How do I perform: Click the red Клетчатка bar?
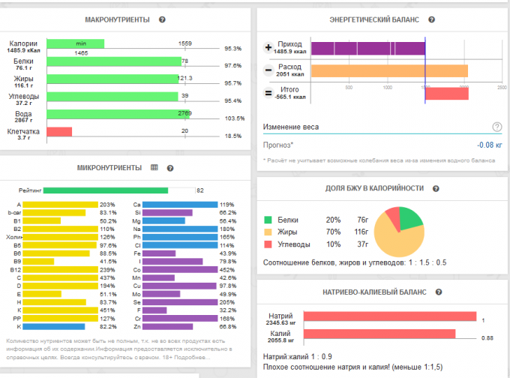pyautogui.click(x=59, y=132)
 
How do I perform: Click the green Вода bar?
pyautogui.click(x=118, y=115)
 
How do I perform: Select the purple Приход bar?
pyautogui.click(x=367, y=48)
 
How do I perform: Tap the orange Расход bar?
pyautogui.click(x=388, y=70)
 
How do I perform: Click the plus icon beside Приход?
pyautogui.click(x=269, y=48)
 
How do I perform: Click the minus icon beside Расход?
pyautogui.click(x=269, y=70)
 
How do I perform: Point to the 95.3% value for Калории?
pyautogui.click(x=232, y=49)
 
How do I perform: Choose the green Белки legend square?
pyautogui.click(x=268, y=220)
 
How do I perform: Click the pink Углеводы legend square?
pyautogui.click(x=268, y=244)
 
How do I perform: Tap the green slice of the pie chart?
pyautogui.click(x=409, y=218)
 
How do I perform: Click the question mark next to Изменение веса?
pyautogui.click(x=496, y=127)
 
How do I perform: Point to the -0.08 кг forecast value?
pyautogui.click(x=490, y=145)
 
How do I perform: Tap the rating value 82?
pyautogui.click(x=200, y=190)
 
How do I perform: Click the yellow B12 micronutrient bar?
pyautogui.click(x=60, y=269)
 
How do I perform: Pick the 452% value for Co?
pyautogui.click(x=227, y=269)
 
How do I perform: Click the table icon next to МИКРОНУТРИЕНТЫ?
pyautogui.click(x=154, y=168)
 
